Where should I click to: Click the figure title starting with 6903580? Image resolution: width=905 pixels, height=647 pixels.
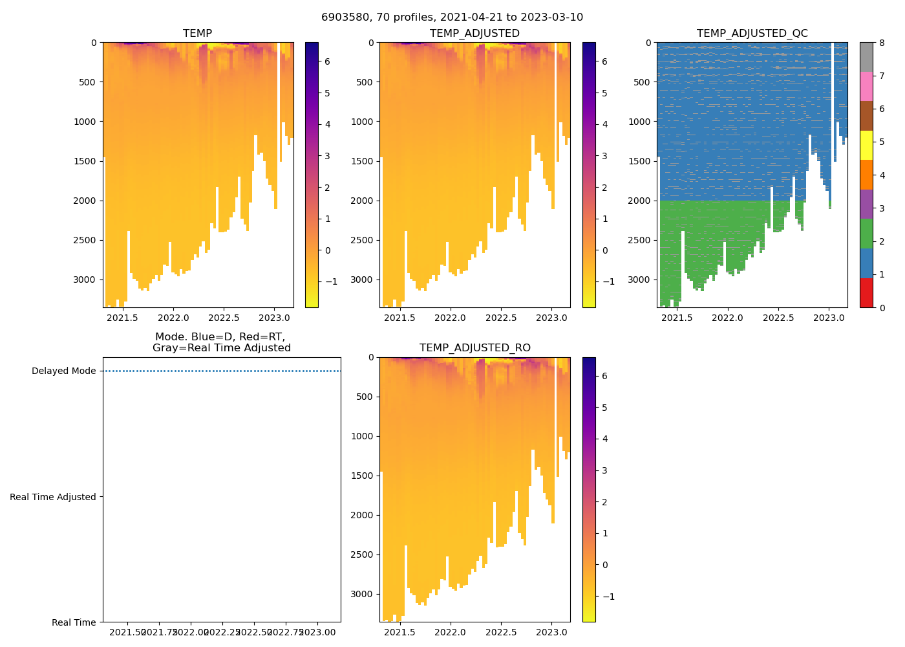(x=452, y=17)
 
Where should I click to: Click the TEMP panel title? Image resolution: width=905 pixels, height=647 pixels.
(x=197, y=33)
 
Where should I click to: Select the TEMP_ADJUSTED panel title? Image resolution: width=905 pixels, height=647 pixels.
(x=474, y=33)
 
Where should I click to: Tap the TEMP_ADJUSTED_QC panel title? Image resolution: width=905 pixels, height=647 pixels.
(x=752, y=33)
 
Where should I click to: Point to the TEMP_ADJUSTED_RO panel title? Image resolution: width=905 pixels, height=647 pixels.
(x=474, y=348)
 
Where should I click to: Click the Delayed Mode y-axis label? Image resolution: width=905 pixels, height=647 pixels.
(x=63, y=371)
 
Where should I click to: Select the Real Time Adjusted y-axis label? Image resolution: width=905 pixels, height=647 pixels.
(x=52, y=497)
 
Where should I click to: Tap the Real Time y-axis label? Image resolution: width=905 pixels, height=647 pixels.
(x=74, y=622)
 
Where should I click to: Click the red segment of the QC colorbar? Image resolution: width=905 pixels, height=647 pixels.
(x=866, y=292)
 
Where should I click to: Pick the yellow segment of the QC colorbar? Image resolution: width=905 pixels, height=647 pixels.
(x=866, y=145)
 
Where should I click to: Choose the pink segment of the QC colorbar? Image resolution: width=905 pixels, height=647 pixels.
(x=866, y=86)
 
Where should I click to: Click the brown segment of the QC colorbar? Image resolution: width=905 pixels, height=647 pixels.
(x=866, y=116)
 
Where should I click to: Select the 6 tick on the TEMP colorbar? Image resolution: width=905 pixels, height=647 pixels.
(x=327, y=61)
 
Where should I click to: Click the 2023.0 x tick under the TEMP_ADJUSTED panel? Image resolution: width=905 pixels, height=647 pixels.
(x=551, y=318)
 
